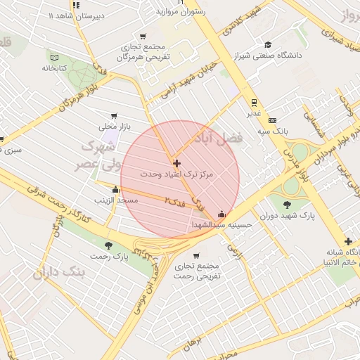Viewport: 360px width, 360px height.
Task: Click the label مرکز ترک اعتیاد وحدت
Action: tap(176, 173)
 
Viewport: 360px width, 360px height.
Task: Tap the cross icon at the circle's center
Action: tap(176, 163)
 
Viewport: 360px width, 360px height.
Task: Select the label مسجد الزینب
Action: tap(117, 200)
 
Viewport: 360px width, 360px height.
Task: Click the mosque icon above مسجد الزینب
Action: tap(115, 189)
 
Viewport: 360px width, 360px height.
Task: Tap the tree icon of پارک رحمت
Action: tap(108, 245)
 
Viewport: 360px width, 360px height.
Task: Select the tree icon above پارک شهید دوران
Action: tap(287, 205)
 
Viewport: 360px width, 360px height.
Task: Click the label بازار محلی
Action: tap(114, 127)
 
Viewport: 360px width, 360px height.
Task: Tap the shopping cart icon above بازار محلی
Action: tap(113, 116)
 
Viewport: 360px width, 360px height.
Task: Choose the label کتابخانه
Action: tap(53, 68)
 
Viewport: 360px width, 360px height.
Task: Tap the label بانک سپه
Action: tap(273, 131)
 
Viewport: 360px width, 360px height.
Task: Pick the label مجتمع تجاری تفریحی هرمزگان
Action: tap(143, 51)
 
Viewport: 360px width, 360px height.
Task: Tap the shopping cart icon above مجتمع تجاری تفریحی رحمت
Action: tap(195, 255)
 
